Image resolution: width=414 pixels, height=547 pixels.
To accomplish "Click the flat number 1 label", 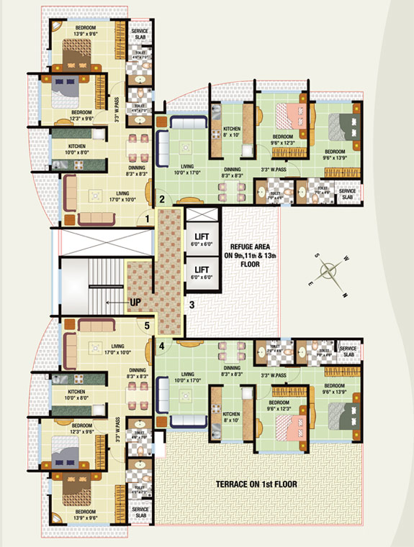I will [147, 218].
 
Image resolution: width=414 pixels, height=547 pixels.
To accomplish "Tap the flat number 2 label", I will [162, 199].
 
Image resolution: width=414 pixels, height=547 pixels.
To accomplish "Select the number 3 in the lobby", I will [192, 305].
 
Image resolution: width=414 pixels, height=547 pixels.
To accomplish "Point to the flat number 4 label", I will [162, 346].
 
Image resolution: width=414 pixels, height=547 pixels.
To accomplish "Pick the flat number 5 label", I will [147, 326].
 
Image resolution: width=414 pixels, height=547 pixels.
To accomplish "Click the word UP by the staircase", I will [135, 303].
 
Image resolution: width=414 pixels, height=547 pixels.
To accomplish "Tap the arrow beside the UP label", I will [114, 303].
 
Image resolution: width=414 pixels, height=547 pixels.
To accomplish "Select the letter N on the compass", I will [345, 294].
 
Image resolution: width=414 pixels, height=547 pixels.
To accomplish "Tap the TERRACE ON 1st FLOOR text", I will [256, 484].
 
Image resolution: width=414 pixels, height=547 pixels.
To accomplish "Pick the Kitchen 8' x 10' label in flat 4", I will [232, 417].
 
